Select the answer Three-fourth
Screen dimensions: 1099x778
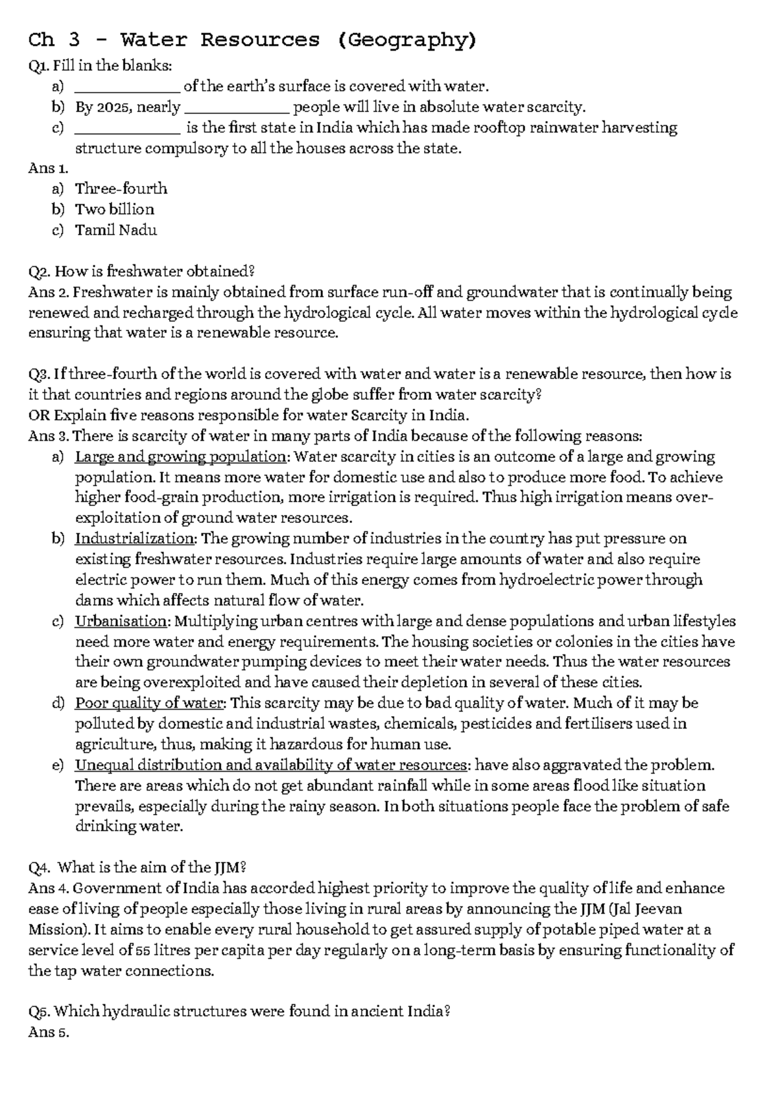[x=121, y=189]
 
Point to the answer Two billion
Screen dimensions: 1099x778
[x=115, y=209]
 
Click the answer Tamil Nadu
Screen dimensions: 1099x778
[x=116, y=230]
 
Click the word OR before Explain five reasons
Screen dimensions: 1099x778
[x=39, y=415]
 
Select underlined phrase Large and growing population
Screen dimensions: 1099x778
[x=180, y=457]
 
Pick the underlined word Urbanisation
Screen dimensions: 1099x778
[x=121, y=621]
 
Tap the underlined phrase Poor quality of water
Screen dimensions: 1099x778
[x=149, y=704]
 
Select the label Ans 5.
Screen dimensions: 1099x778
[x=48, y=1032]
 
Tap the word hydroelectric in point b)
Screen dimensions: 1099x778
[x=545, y=580]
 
